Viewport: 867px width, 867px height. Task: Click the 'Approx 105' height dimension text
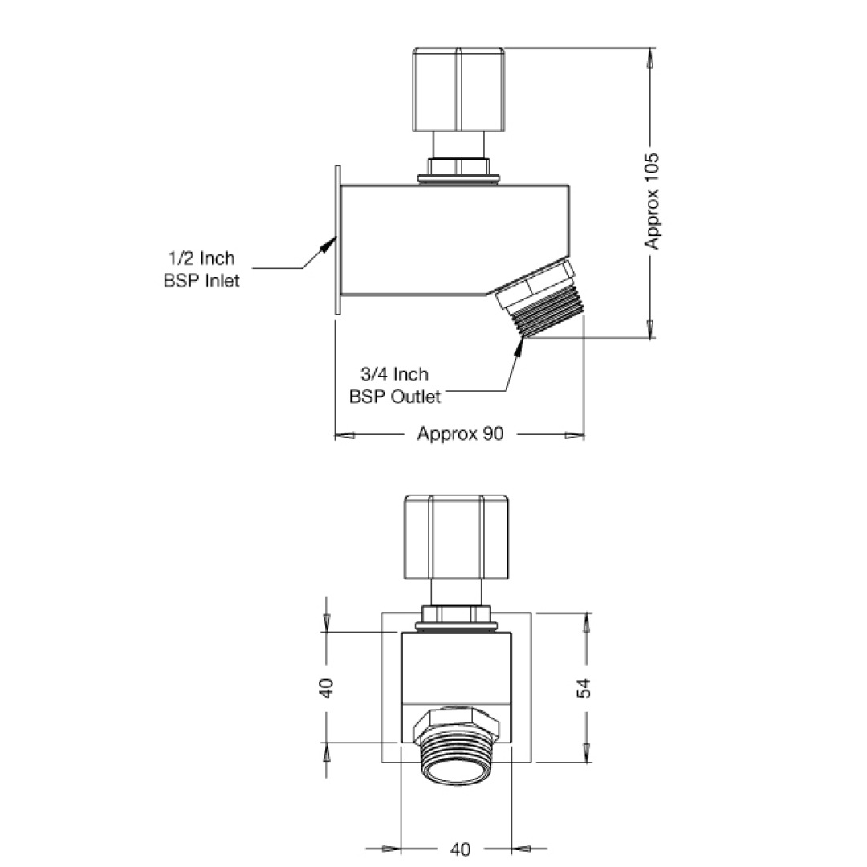click(x=653, y=201)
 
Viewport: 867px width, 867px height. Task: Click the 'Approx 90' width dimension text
click(x=460, y=434)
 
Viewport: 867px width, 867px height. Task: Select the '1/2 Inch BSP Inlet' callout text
click(x=201, y=270)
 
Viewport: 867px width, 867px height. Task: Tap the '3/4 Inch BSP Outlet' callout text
click(x=395, y=385)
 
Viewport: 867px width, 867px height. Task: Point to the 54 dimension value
click(x=585, y=688)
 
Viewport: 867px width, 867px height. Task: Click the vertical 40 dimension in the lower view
click(x=327, y=688)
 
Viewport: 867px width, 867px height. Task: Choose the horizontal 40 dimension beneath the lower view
click(x=461, y=849)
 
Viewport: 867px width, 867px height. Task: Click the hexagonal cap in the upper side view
click(x=459, y=89)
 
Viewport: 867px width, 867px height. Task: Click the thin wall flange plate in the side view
click(x=338, y=239)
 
